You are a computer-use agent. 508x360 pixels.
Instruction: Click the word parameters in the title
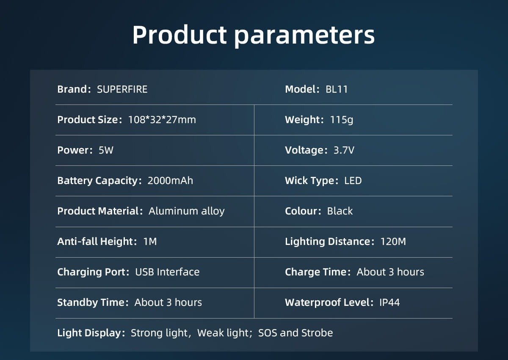click(304, 36)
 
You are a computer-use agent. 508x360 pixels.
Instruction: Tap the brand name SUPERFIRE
click(122, 89)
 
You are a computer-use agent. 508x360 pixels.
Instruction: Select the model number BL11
click(337, 89)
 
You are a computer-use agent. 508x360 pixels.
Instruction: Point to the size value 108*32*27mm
click(162, 120)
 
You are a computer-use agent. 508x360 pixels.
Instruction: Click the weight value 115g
click(342, 120)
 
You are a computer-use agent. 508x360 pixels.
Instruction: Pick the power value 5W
click(106, 150)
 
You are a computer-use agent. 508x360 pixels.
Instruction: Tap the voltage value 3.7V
click(344, 150)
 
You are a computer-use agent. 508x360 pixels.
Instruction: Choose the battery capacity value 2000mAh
click(170, 181)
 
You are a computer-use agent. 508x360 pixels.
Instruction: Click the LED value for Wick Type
click(353, 181)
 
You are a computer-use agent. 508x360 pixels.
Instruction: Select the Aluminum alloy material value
click(187, 211)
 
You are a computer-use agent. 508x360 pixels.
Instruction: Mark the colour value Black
click(340, 211)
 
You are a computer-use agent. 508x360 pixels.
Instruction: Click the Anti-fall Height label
click(97, 242)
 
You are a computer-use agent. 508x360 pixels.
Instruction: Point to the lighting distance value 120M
click(393, 242)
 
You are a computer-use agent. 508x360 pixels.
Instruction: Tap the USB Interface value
click(167, 272)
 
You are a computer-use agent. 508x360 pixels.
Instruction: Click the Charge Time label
click(318, 272)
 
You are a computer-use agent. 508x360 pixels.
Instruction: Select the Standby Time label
click(93, 303)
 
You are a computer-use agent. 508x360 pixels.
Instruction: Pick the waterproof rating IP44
click(389, 302)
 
